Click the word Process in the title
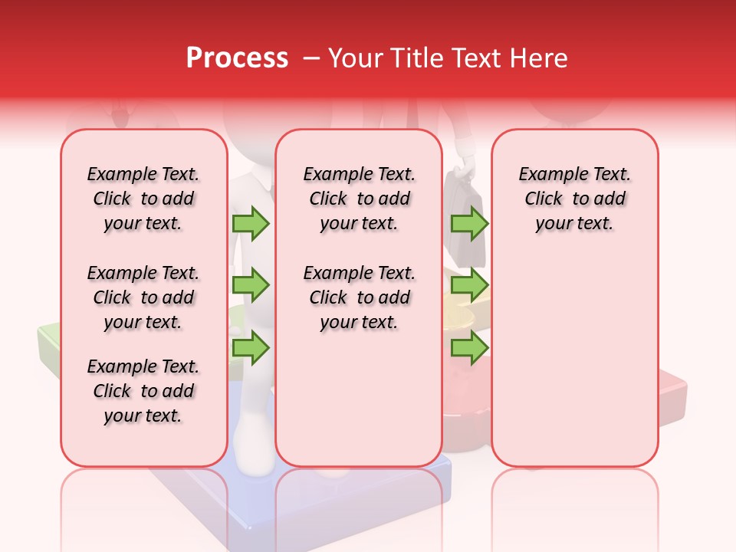pos(237,58)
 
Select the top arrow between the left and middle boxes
pos(251,223)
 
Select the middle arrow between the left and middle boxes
pos(251,285)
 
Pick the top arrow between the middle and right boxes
pos(469,223)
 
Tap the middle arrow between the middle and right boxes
pos(469,285)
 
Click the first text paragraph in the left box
pos(143,199)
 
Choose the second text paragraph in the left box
pos(143,297)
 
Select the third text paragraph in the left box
pos(143,391)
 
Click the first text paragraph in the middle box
pos(359,199)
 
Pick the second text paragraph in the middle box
pos(359,297)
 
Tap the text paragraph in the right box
pos(575,199)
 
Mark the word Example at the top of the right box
pos(547,174)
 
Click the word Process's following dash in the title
pos(311,58)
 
